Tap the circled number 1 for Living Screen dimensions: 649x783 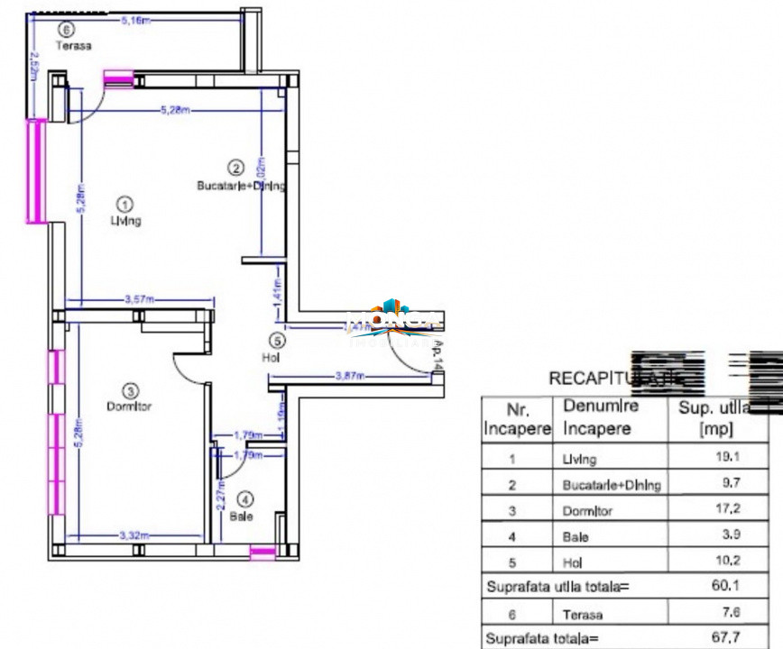click(x=125, y=205)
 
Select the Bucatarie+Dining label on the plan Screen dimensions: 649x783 click(x=241, y=187)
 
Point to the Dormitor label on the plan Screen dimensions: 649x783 click(x=131, y=407)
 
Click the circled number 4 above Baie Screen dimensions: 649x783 click(x=244, y=498)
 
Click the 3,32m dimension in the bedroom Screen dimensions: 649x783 click(x=136, y=536)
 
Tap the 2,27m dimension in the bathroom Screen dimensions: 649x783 click(x=221, y=496)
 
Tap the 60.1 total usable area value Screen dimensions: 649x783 click(x=726, y=587)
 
